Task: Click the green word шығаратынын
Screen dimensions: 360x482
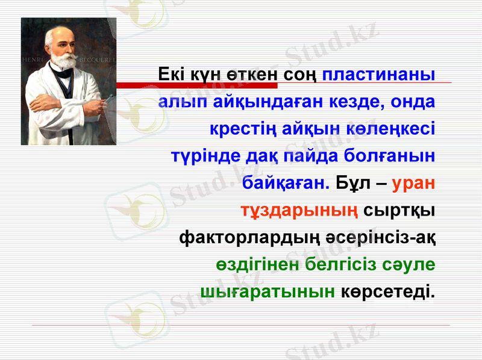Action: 268,292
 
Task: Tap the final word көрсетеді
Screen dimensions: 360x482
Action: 388,292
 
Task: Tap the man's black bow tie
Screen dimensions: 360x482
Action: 62,73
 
